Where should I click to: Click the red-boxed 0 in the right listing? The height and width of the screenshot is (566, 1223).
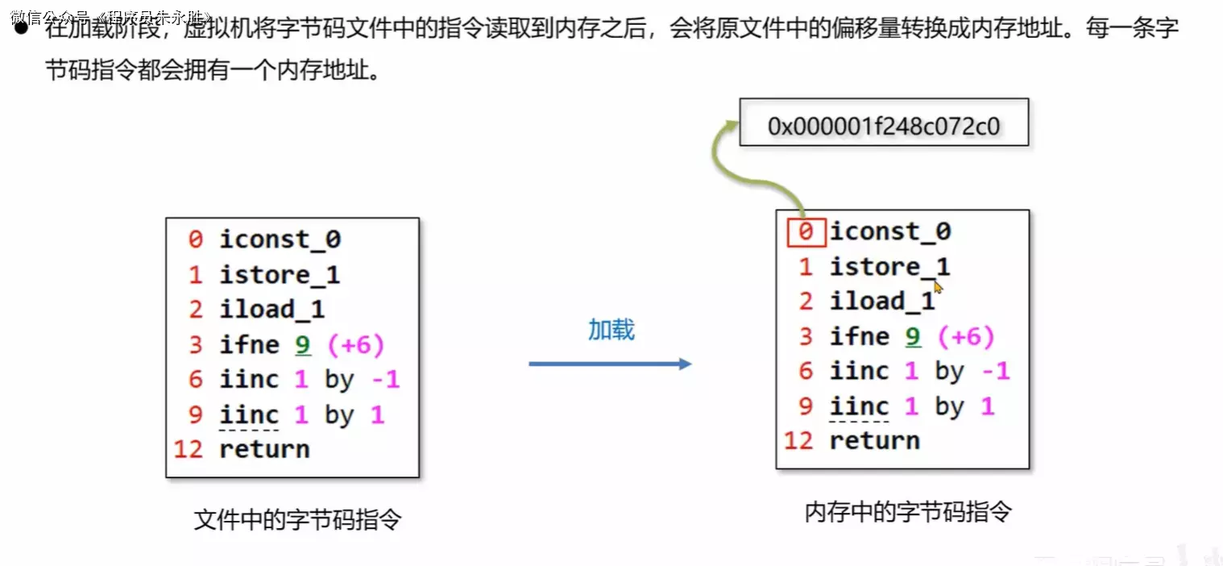point(805,232)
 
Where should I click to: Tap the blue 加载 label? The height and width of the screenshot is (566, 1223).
point(611,329)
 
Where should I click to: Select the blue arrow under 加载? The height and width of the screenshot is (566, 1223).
point(610,364)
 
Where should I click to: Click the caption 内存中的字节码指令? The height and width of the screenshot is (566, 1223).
point(907,512)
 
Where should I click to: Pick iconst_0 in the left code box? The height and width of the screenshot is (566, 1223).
point(280,239)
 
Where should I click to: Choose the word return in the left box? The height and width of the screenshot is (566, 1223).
point(264,448)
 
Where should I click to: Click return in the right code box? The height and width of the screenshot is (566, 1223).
point(874,440)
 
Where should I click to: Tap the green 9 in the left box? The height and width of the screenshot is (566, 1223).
point(302,345)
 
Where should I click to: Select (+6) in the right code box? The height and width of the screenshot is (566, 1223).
point(966,336)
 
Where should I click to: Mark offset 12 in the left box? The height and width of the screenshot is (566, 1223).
point(189,448)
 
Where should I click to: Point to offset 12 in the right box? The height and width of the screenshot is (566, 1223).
point(798,440)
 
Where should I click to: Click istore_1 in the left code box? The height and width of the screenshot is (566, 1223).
point(280,275)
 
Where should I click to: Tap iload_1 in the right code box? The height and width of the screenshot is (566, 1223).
point(882,302)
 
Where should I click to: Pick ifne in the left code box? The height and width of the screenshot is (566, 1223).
point(249,345)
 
